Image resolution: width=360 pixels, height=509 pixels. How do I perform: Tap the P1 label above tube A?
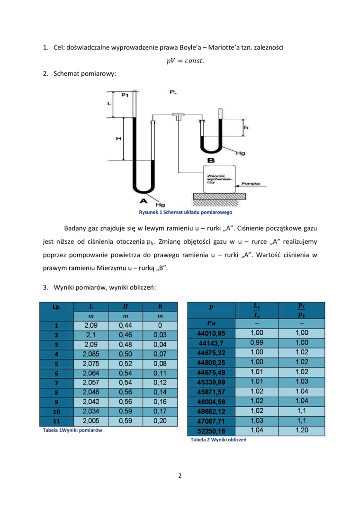125,95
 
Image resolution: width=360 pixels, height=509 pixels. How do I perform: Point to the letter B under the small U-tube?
211,161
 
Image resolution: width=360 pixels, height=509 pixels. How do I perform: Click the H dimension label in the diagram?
118,139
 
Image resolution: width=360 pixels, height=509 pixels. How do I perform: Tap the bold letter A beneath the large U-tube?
142,201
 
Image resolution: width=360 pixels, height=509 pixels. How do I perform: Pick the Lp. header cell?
56,306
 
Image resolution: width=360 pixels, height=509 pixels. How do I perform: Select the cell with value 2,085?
91,354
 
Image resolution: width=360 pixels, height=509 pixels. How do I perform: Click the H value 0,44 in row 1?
126,325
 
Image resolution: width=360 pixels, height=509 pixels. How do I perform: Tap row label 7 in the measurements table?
56,382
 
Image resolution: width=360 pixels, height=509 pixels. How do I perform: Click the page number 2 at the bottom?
180,476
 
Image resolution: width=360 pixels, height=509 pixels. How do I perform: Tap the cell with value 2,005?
91,420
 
